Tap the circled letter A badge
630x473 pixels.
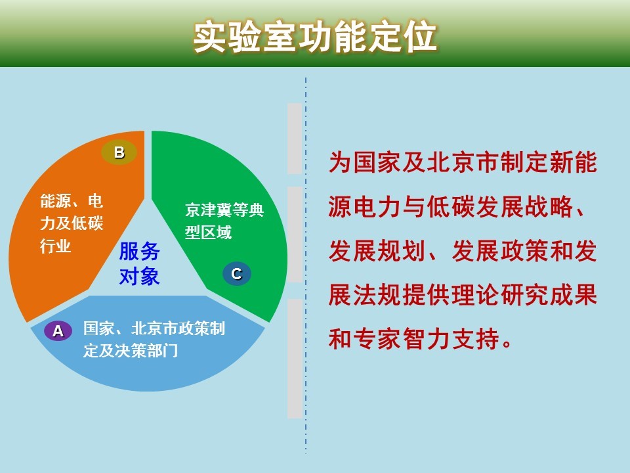click(58, 330)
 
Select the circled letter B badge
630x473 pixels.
click(119, 152)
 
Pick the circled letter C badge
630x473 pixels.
click(237, 274)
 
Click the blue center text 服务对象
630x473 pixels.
click(139, 264)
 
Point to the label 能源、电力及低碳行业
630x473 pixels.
click(72, 223)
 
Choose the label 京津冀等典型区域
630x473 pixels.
click(224, 221)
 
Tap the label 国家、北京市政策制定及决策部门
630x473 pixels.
click(154, 340)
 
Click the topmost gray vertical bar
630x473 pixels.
click(295, 139)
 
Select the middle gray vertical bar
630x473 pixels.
click(295, 235)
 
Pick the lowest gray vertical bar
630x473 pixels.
click(295, 359)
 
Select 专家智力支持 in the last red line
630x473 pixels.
click(426, 339)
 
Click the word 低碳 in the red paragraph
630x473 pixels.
click(451, 206)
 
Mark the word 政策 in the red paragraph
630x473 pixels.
click(524, 250)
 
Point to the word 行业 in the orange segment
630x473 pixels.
click(55, 245)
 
